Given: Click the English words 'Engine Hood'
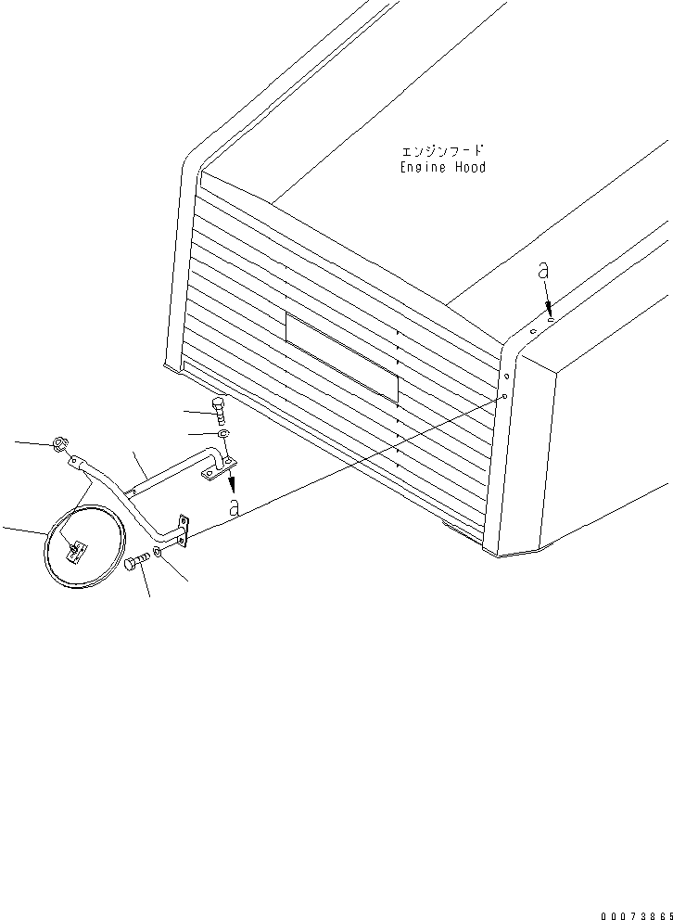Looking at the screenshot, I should tap(442, 168).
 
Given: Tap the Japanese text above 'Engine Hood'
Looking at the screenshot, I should tap(443, 150).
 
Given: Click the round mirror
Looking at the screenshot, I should tap(84, 546).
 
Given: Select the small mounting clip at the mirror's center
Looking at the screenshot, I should tap(75, 551).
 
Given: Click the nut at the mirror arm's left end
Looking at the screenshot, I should tap(58, 445).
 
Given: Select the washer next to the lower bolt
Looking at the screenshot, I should tap(160, 554).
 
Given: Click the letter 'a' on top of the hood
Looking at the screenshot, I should tap(544, 271).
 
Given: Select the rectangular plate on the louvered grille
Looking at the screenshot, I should tap(341, 356).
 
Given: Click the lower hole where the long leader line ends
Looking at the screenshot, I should tap(503, 396).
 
